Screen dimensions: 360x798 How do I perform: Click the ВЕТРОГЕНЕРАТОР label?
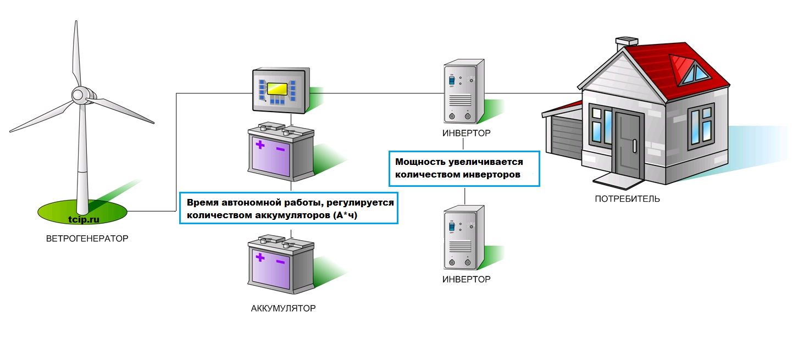point(87,239)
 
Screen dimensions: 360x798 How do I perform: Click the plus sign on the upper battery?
point(259,146)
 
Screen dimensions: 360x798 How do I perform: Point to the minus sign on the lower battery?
point(280,261)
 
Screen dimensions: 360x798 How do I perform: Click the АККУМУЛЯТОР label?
point(283,308)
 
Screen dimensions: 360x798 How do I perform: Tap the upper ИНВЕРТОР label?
point(466,134)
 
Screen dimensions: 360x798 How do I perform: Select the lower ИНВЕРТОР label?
point(466,279)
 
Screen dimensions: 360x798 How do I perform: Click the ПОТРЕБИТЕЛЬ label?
point(627,199)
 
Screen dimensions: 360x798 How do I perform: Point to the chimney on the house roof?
point(627,43)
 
